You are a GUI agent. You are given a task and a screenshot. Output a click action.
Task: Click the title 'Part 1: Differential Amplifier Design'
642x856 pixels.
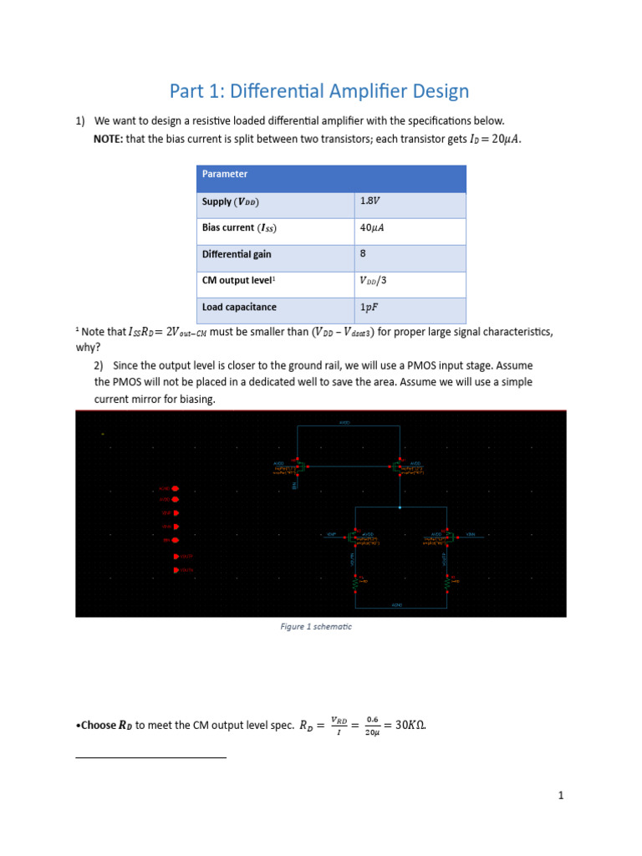click(x=318, y=91)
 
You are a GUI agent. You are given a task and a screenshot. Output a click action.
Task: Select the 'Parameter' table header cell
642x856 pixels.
click(x=225, y=174)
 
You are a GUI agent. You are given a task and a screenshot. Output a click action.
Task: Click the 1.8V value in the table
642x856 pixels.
click(x=369, y=201)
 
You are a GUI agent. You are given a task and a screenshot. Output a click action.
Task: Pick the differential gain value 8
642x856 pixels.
click(x=363, y=253)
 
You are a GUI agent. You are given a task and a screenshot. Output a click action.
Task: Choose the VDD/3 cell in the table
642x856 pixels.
click(x=374, y=280)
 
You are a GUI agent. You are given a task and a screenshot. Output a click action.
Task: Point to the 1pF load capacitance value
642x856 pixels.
click(x=369, y=307)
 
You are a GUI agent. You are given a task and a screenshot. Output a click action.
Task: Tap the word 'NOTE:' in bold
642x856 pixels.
click(x=108, y=139)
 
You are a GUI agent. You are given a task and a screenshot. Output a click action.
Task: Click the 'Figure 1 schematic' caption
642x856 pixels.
click(x=316, y=627)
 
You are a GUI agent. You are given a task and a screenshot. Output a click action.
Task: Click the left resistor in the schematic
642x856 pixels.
click(x=354, y=584)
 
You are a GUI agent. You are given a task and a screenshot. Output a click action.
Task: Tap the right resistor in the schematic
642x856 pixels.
click(x=447, y=584)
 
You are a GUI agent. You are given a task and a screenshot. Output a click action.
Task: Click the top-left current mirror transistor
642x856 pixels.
click(x=297, y=467)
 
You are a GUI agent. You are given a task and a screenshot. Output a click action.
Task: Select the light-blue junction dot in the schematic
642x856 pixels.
click(x=400, y=507)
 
